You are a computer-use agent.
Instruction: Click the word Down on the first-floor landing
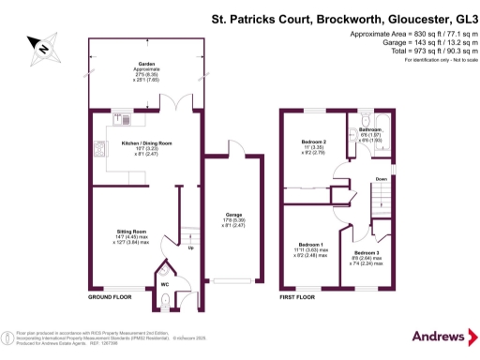(x=382, y=178)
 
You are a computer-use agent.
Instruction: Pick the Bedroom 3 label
(x=367, y=253)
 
